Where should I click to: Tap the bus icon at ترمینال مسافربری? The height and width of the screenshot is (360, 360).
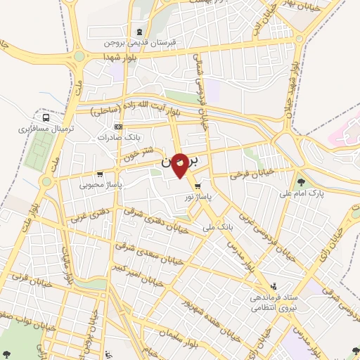click(x=46, y=118)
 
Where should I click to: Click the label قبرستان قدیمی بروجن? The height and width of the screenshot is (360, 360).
click(x=140, y=41)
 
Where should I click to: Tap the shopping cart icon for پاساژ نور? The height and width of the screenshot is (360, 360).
click(x=198, y=186)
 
